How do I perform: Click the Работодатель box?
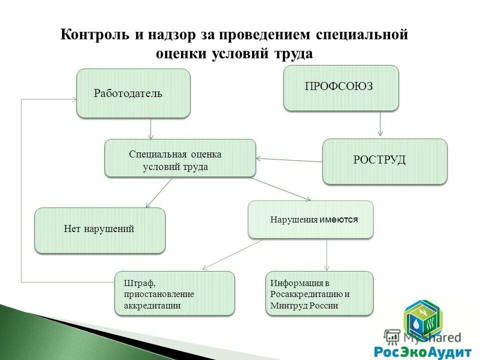(133, 93)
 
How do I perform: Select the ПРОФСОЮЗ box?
(341, 87)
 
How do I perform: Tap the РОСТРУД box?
(384, 161)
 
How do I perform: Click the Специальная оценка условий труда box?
(179, 158)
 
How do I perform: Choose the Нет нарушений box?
(99, 230)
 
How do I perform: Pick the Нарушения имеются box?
(310, 219)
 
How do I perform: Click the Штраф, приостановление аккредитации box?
(174, 293)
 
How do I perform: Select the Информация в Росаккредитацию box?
(319, 293)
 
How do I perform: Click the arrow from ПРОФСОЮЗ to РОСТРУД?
(380, 123)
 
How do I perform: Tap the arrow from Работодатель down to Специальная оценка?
(151, 128)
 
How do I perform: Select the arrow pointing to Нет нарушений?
(158, 193)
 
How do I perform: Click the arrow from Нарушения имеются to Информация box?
(326, 255)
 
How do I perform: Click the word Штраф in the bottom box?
(136, 283)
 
